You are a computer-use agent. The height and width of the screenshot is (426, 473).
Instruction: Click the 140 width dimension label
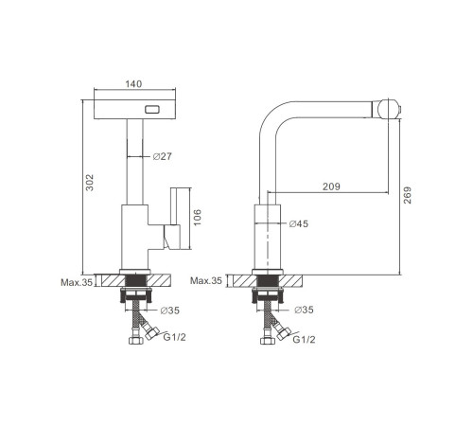point(133,84)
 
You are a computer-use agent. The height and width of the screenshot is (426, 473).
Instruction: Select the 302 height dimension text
point(90,183)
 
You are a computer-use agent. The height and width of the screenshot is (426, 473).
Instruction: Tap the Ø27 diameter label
point(163,156)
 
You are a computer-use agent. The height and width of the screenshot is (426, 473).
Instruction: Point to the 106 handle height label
point(197,217)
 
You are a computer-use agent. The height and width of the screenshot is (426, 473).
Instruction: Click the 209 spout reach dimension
point(331,186)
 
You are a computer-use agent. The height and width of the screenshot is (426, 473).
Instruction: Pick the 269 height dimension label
point(408,195)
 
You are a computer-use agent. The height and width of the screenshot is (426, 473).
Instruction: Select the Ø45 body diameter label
point(299,223)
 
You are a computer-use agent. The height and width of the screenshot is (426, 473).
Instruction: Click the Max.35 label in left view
point(77,282)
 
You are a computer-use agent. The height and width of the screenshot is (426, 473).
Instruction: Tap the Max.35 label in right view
point(206,280)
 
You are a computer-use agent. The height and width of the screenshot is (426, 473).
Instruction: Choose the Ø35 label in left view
point(169,311)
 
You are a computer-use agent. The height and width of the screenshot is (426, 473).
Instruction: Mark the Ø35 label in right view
point(304,310)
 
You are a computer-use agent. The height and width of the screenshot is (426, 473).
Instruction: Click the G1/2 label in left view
point(174,337)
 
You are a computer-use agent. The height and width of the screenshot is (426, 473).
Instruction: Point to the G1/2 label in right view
point(304,340)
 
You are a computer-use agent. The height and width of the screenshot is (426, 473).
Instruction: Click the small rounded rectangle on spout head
point(152,110)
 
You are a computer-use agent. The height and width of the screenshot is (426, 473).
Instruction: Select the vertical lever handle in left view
point(175,206)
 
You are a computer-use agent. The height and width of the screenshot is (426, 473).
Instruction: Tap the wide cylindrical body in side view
point(268,237)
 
